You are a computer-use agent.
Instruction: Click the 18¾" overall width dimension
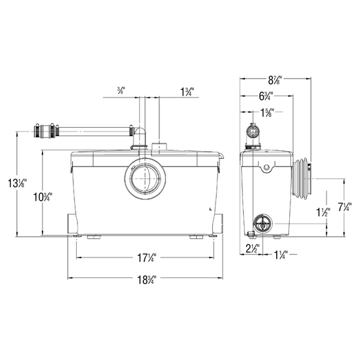tap(146, 279)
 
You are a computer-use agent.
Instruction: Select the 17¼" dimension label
tap(146, 257)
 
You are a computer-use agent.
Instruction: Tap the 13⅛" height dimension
tap(17, 183)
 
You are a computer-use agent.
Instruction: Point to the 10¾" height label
tap(43, 197)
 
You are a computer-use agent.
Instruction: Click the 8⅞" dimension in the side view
tap(275, 79)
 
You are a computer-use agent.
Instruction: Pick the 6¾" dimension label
tap(266, 96)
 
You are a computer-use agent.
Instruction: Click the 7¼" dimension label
tap(345, 207)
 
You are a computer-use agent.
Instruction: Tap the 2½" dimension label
tap(253, 248)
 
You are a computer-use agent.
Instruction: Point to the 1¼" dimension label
tap(281, 254)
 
